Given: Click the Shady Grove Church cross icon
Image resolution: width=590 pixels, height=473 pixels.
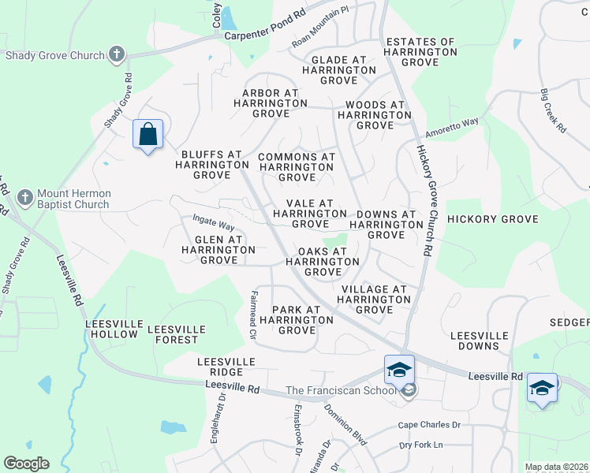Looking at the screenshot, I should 117,55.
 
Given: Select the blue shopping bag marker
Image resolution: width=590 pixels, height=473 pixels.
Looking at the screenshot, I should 147,135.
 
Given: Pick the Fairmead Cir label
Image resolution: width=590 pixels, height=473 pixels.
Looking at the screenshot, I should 254,314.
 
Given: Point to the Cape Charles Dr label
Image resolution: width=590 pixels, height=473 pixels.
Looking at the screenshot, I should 429,425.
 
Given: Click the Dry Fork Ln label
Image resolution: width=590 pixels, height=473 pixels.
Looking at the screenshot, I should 421,445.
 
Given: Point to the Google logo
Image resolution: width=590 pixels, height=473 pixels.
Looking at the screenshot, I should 26,464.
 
